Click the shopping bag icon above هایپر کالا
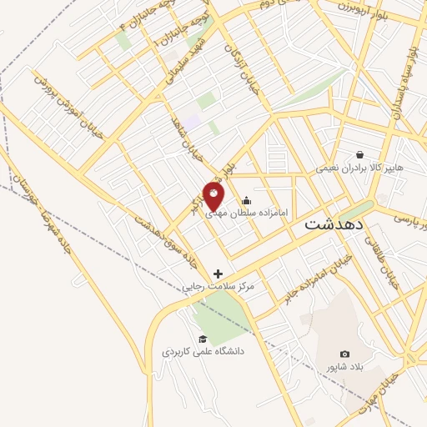[359, 154]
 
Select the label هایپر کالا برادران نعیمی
[359, 168]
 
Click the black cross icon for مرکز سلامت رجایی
[219, 274]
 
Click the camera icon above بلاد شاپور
[345, 354]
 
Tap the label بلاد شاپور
[344, 367]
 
